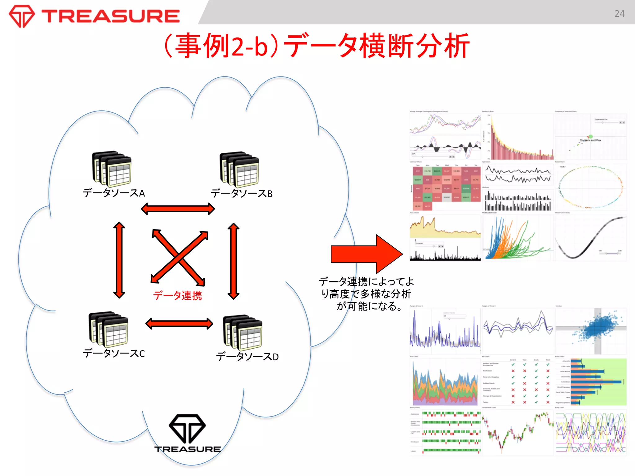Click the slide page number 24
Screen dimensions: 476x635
[619, 14]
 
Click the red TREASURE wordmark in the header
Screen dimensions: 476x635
[110, 16]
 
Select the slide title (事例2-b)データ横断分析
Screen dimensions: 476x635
[316, 46]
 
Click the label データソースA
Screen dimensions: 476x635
[114, 193]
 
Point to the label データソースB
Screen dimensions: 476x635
[242, 193]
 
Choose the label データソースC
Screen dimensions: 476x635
[114, 353]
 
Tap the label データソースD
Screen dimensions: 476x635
[247, 356]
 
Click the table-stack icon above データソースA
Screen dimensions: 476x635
[112, 169]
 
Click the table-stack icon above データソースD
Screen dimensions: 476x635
[242, 333]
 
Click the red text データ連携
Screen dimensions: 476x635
[177, 295]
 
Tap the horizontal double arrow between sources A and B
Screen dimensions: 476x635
[178, 209]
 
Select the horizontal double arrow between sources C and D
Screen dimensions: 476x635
[179, 324]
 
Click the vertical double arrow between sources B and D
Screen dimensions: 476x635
[233, 261]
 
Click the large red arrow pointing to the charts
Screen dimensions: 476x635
[366, 254]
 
